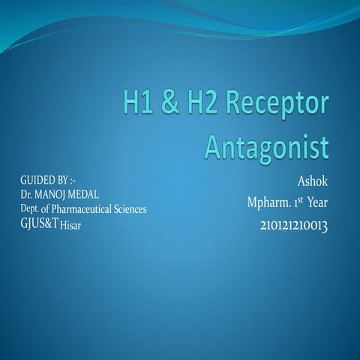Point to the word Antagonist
click(267, 145)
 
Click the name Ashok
click(313, 181)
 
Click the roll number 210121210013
click(295, 224)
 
